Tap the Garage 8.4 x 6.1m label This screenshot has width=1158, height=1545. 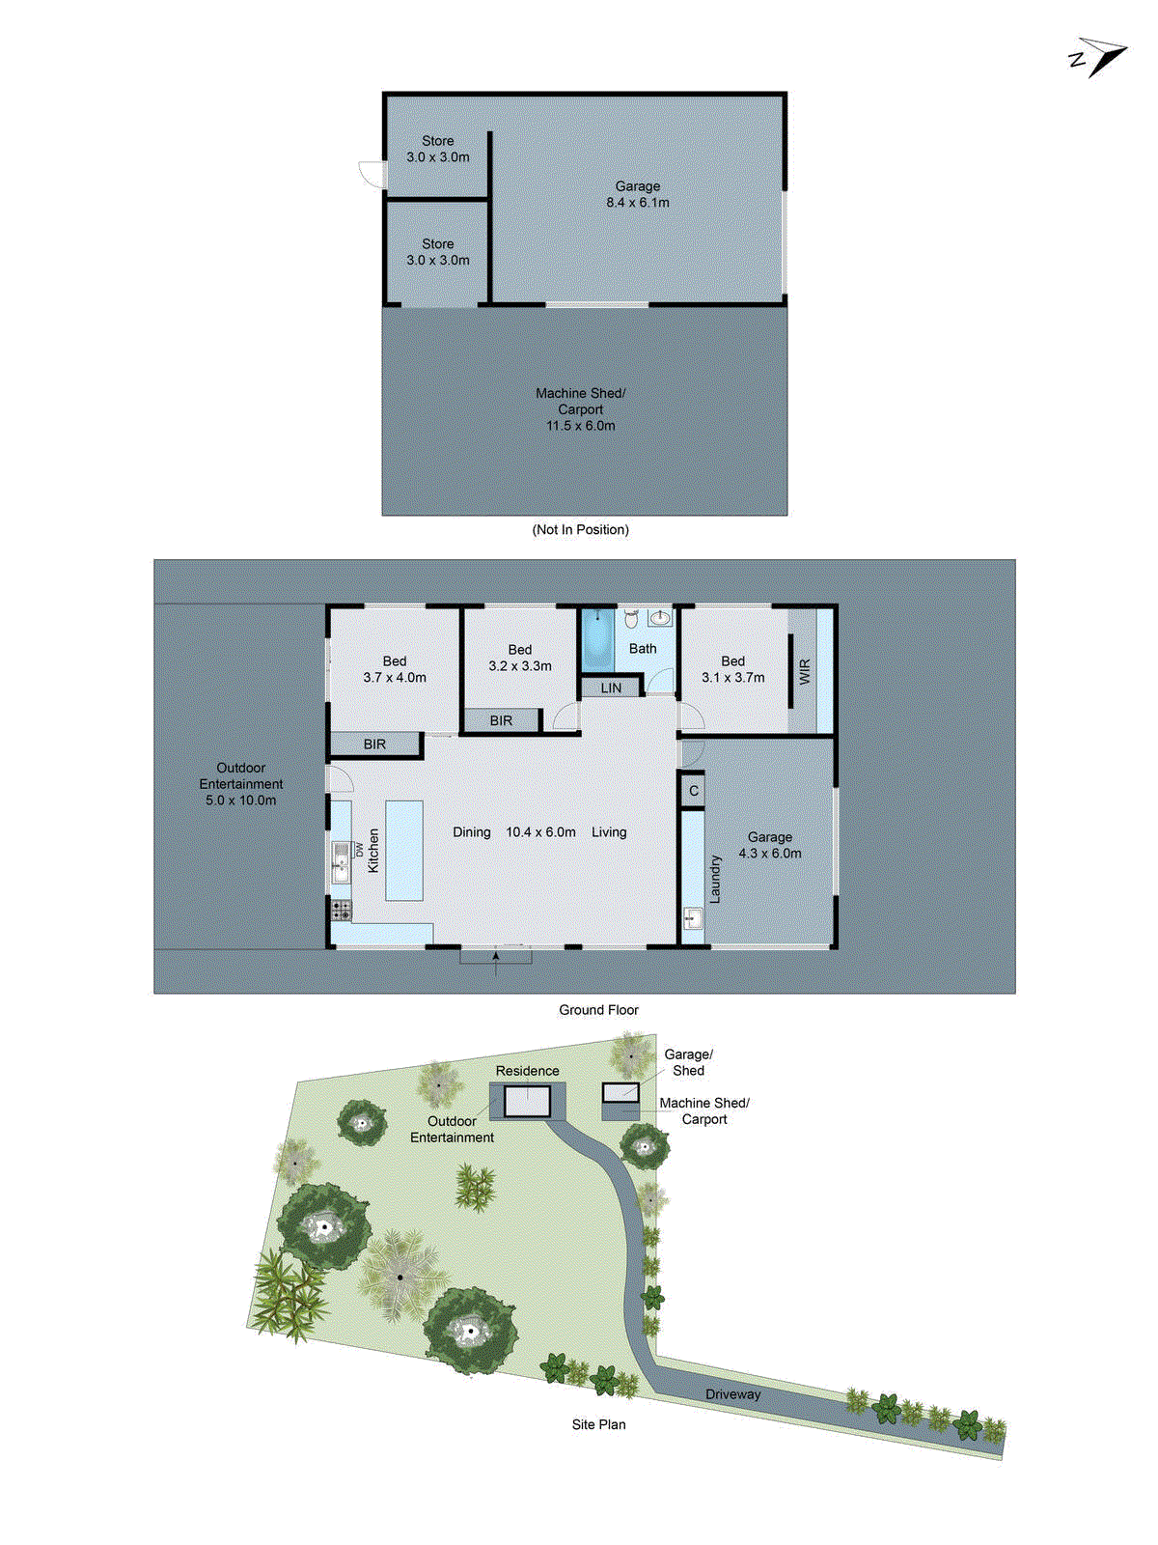click(x=637, y=194)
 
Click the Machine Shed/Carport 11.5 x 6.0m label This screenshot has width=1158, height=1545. click(x=580, y=409)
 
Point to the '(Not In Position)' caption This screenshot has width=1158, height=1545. click(x=580, y=529)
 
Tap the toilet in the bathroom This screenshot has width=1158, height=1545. click(x=631, y=618)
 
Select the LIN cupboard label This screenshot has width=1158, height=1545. click(x=611, y=688)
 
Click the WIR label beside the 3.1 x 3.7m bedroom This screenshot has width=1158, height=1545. click(x=804, y=672)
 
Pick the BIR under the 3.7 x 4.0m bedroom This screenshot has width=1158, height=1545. click(x=374, y=744)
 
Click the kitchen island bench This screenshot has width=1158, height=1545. click(x=404, y=850)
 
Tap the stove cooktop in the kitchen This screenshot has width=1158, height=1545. click(x=342, y=909)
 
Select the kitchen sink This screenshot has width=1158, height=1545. click(x=340, y=858)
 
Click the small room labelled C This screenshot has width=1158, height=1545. click(x=693, y=791)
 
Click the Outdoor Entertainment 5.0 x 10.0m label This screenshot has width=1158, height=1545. click(x=240, y=784)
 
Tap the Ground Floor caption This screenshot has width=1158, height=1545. click(x=598, y=1010)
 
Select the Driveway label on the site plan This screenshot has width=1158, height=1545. click(x=732, y=1394)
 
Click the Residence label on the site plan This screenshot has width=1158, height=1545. click(x=527, y=1071)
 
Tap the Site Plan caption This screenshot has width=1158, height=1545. click(x=598, y=1424)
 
